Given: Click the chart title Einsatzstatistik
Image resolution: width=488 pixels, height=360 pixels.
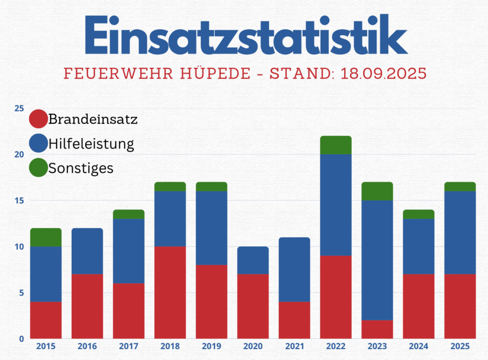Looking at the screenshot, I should tap(246, 35).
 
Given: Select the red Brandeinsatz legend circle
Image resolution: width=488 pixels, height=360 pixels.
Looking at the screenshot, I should tap(39, 119).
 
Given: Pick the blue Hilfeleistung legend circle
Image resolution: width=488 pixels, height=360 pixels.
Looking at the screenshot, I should tap(39, 144).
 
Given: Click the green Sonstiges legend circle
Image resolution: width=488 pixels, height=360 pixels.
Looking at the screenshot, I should tap(39, 168).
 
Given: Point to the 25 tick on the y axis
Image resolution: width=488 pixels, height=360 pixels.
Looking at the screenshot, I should tap(19, 108).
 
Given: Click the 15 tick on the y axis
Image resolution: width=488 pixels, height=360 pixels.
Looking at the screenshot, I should tap(19, 201).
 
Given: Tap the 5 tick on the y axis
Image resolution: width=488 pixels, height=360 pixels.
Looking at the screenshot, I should tap(21, 293).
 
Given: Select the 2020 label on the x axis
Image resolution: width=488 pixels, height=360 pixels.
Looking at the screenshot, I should tap(253, 346).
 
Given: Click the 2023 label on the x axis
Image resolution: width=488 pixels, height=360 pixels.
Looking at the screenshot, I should tap(377, 346).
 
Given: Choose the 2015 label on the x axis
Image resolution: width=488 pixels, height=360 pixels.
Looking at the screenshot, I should tap(46, 346).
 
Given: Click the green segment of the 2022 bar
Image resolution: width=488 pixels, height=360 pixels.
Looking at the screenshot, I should tap(336, 145).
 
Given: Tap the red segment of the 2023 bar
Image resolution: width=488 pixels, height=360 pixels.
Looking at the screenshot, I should tap(377, 329).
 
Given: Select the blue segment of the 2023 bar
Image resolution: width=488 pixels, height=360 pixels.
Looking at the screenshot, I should tap(377, 260).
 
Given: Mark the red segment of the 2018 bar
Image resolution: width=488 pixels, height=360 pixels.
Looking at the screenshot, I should tap(170, 293).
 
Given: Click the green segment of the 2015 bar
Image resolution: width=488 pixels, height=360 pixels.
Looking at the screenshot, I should tap(46, 238).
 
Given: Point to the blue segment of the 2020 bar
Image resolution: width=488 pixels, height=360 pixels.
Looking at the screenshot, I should tap(253, 260).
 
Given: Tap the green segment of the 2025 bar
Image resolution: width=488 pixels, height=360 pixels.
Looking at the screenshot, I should tap(460, 187).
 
